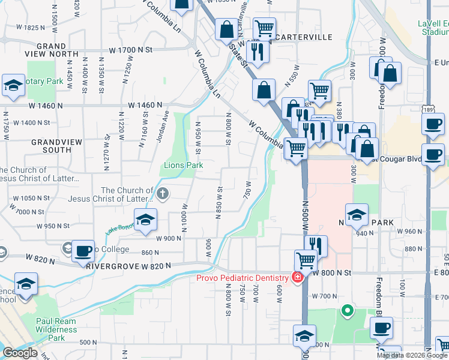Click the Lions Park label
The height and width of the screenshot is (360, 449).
[x=184, y=165]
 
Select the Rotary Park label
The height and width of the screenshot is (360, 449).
[x=47, y=81]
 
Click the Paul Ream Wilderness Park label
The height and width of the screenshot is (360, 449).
[x=56, y=329]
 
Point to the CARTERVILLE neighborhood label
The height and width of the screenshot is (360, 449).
[x=304, y=37]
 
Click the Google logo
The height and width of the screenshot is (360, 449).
[x=20, y=353]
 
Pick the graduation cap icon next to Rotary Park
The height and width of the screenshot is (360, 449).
[x=13, y=86]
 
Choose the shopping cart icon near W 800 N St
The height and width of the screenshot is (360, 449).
[x=306, y=261]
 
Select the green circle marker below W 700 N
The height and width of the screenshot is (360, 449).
[x=346, y=311]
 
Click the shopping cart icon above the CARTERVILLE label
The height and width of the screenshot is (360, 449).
[x=264, y=28]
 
